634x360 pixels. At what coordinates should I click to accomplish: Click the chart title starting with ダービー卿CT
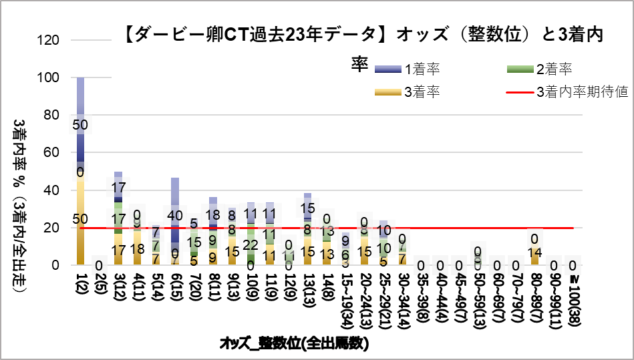coord(363,35)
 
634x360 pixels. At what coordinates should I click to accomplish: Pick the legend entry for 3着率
coord(408,92)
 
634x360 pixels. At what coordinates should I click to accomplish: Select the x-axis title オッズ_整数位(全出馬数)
coord(295,344)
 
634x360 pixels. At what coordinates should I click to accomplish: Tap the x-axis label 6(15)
coord(175,287)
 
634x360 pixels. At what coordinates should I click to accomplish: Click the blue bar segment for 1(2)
coord(81,100)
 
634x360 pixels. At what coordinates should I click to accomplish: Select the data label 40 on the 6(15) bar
coord(175,215)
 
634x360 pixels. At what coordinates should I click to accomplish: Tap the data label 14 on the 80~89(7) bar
coord(534,253)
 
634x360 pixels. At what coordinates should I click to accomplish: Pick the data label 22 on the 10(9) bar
coord(251,245)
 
